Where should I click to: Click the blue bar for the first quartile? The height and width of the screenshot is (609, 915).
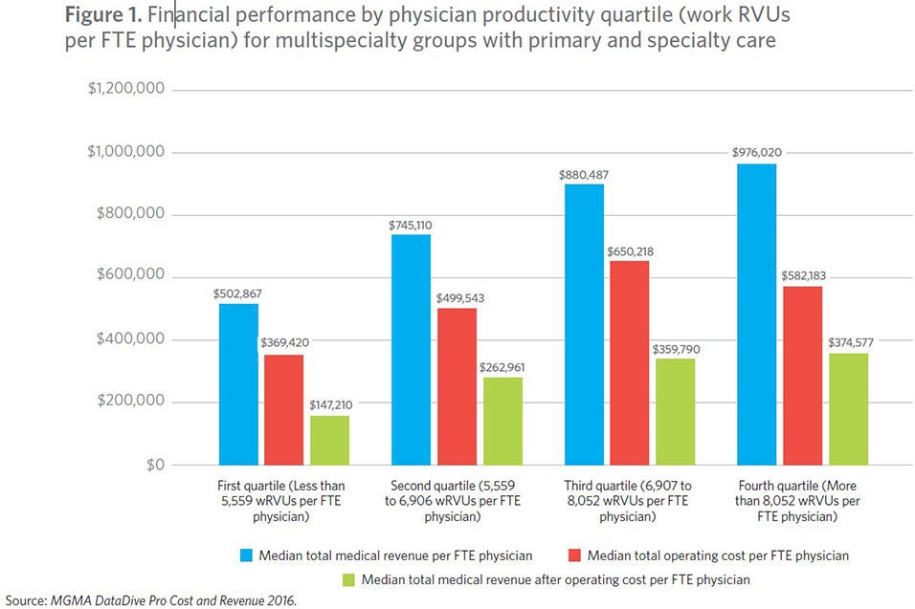[x=238, y=383]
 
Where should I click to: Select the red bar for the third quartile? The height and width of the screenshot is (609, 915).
[x=629, y=362]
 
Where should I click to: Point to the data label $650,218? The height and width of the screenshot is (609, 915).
[x=629, y=250]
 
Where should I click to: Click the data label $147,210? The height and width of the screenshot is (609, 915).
[x=328, y=405]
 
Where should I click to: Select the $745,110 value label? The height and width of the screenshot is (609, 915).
[x=411, y=225]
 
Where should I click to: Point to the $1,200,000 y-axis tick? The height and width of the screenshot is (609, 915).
[x=126, y=89]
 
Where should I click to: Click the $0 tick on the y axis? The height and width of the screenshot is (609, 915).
[x=150, y=465]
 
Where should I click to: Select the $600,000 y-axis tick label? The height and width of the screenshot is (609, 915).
[x=130, y=276]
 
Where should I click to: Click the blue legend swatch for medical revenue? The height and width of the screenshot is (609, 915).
[x=247, y=555]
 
